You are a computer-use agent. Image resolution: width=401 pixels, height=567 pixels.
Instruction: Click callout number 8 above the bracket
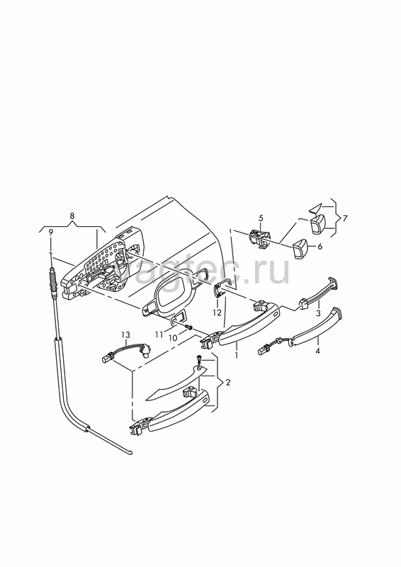(72, 216)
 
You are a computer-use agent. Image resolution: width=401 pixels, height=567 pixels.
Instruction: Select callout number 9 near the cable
(51, 232)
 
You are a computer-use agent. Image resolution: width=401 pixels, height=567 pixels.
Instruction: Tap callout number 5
(261, 218)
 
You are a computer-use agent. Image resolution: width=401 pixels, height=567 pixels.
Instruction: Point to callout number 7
(344, 218)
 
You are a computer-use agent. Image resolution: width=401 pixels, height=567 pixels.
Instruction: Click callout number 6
(320, 247)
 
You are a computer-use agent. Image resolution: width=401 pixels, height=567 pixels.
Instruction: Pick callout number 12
(217, 313)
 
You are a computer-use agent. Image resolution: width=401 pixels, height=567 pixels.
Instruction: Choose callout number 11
(159, 335)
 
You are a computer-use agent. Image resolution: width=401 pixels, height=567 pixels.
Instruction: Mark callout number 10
(173, 338)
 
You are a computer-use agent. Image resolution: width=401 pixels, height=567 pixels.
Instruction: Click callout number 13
(125, 335)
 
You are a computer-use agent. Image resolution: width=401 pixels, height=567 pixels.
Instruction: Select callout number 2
(228, 383)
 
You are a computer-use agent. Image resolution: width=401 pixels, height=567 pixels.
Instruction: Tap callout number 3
(318, 313)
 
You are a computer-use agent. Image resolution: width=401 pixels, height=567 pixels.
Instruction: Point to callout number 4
(317, 350)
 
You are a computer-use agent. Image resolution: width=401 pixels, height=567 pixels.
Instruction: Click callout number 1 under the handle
(237, 355)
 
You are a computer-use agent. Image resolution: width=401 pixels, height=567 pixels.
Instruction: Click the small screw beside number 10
(188, 327)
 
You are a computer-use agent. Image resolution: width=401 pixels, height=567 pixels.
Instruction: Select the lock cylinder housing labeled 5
(259, 238)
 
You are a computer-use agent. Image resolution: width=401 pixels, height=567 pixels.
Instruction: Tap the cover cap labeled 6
(300, 249)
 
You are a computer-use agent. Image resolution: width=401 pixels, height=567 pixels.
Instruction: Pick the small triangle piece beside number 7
(315, 208)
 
